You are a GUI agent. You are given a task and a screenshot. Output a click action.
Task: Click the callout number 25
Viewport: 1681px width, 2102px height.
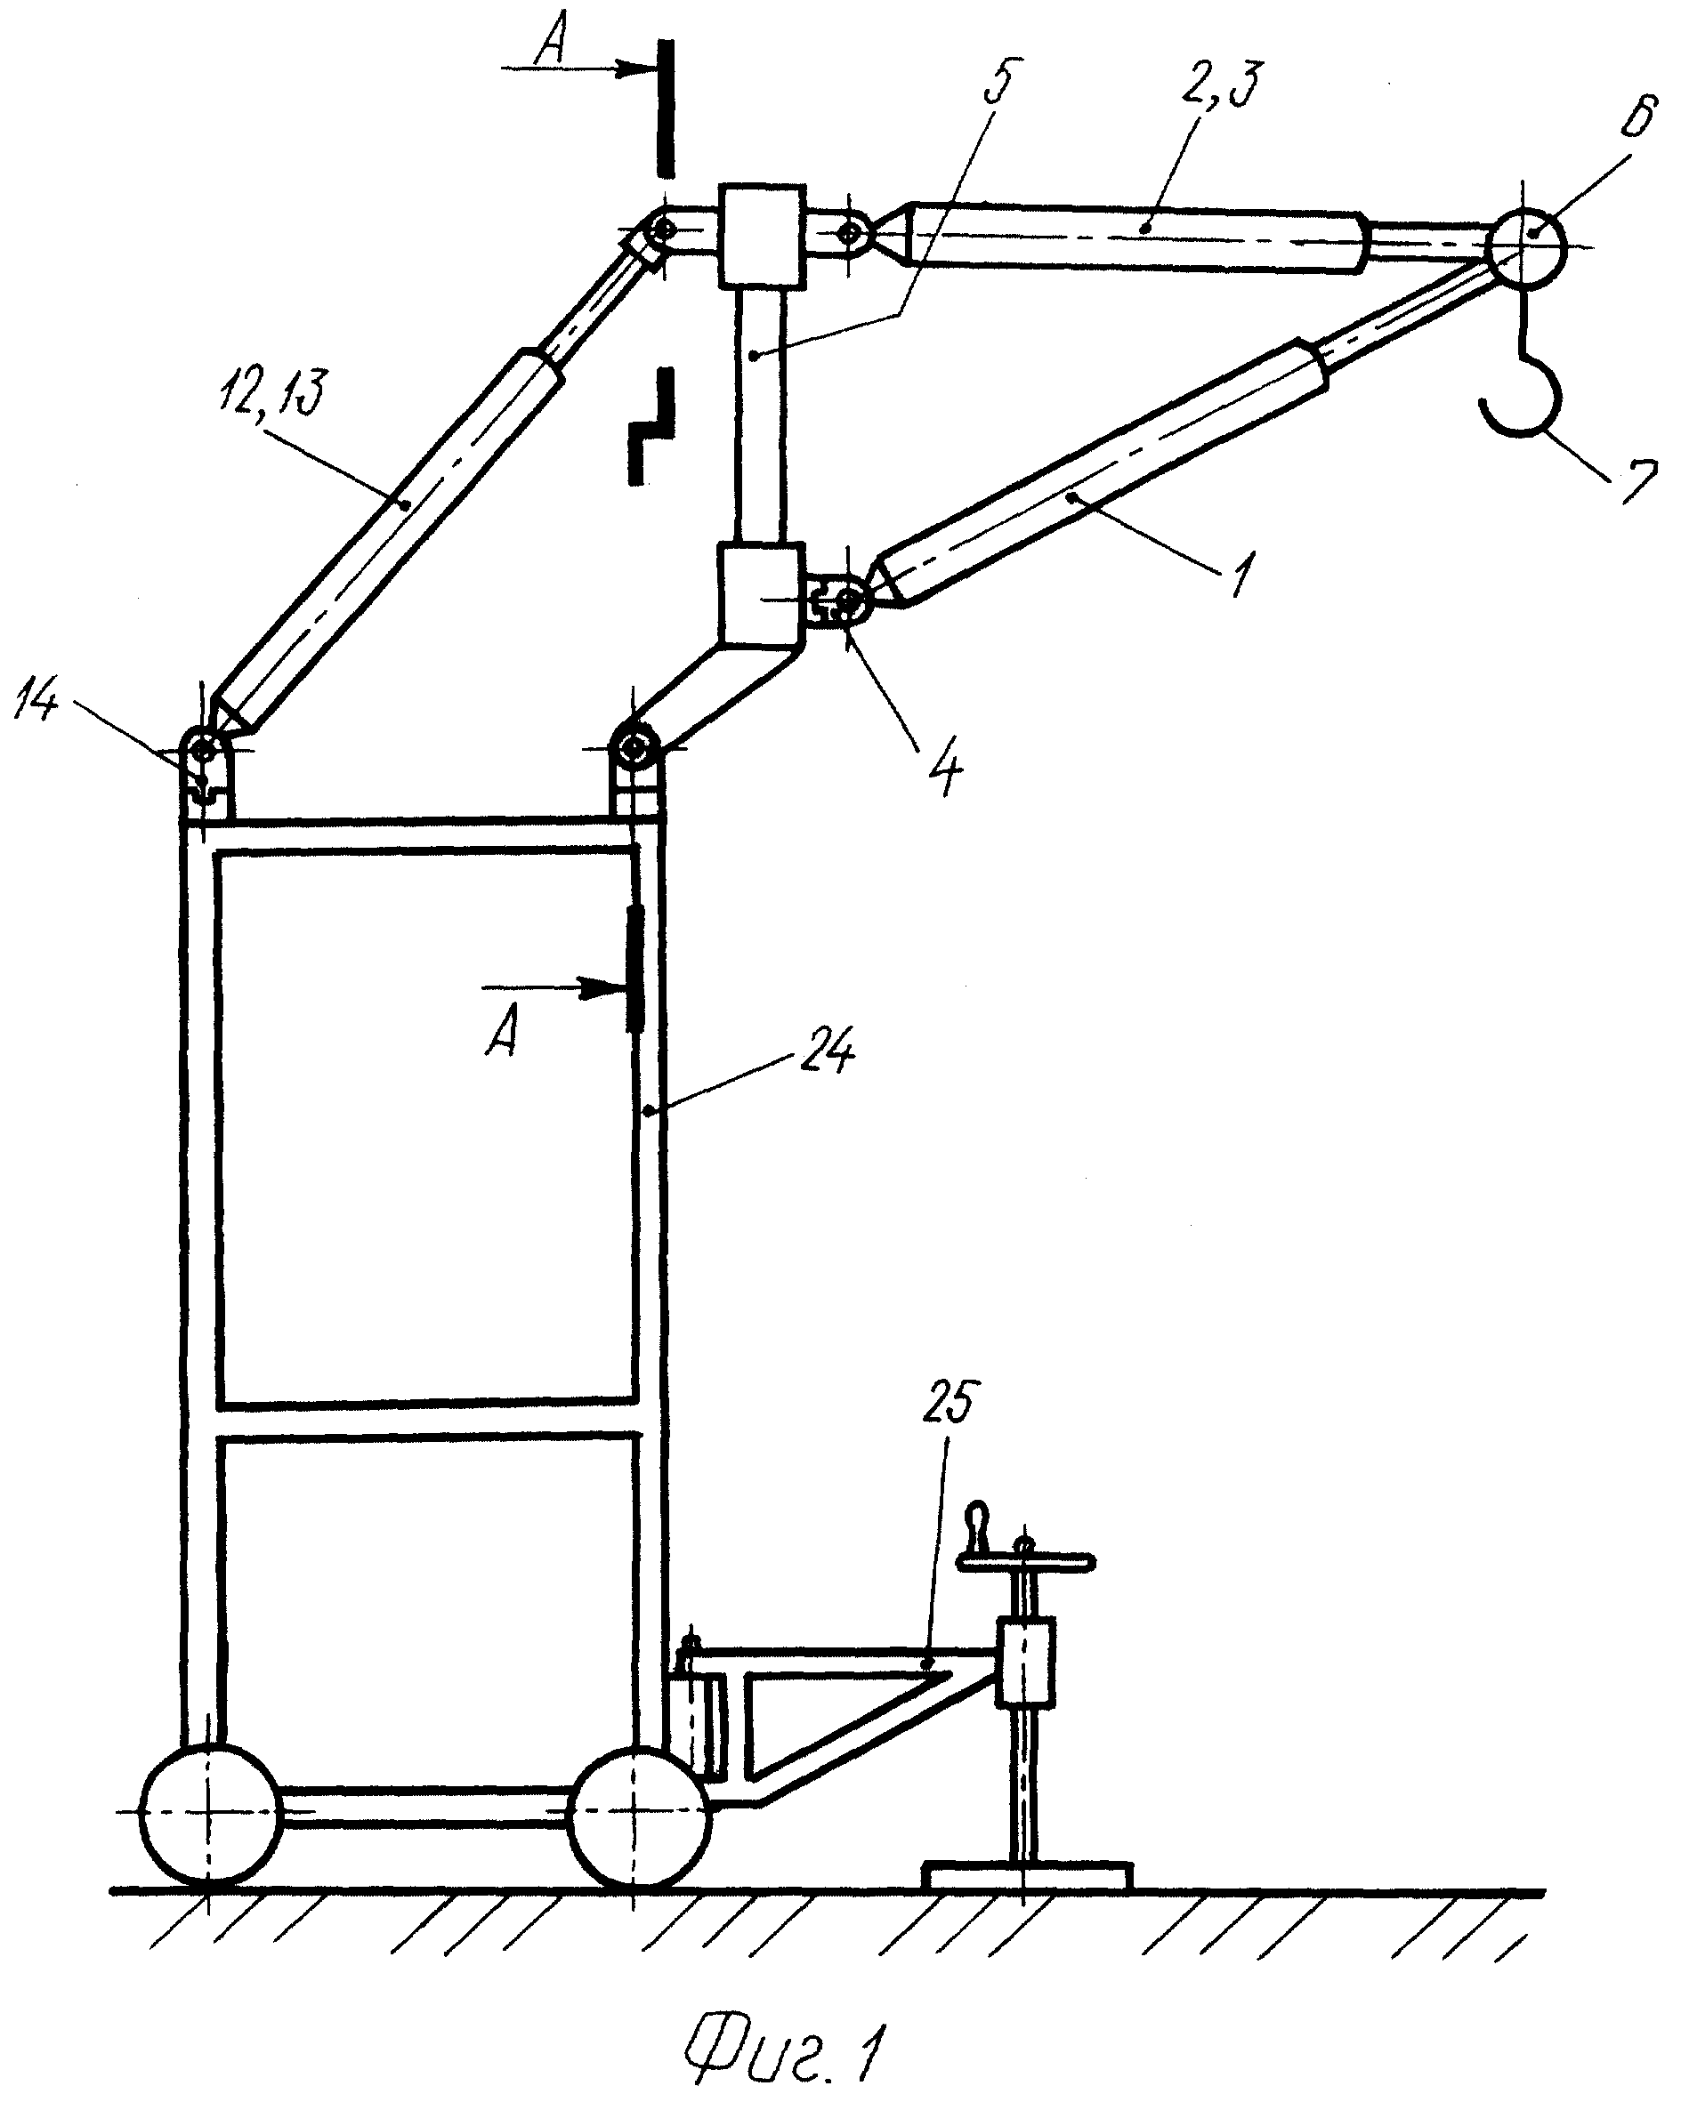[x=948, y=1405]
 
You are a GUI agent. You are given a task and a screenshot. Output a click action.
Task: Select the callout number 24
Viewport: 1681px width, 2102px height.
[x=828, y=1056]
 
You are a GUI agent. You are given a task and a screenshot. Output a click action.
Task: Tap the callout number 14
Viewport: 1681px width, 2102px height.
[x=37, y=704]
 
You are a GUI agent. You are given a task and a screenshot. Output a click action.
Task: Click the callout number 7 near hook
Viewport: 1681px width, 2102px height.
[x=1637, y=483]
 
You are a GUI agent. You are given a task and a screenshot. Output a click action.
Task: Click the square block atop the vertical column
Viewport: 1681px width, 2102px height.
[x=763, y=235]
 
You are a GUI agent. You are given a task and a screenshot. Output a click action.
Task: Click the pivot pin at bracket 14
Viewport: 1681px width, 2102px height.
[x=205, y=750]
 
